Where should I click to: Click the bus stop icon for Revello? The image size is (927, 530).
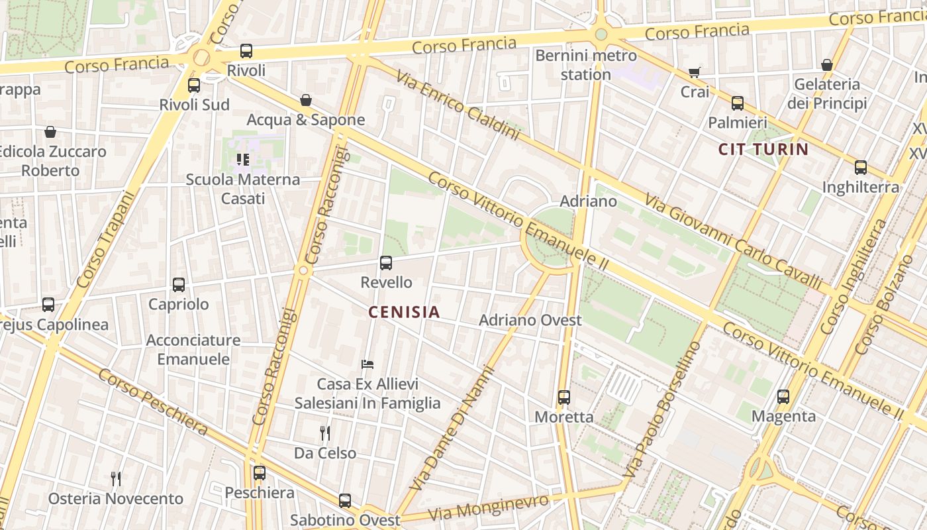386,263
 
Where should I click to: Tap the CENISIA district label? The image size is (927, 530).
404,312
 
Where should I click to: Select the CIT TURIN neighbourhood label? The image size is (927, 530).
763,149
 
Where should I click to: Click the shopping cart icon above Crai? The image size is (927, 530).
694,72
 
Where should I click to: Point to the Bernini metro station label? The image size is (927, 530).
586,65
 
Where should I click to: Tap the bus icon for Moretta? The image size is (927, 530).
563,397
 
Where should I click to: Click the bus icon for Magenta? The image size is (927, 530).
783,397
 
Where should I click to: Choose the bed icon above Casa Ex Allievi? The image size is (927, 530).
367,364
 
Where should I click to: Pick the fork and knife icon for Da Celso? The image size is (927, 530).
325,433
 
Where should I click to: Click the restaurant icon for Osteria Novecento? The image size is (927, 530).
116,478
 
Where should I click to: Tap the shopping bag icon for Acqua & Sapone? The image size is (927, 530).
306,100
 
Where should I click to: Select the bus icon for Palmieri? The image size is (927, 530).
738,103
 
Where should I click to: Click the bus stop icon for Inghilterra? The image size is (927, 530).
861,168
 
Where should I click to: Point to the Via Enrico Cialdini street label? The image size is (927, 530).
458,105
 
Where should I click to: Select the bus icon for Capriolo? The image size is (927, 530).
179,285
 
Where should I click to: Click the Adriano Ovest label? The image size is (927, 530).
530,320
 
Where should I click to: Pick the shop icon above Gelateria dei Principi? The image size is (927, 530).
827,65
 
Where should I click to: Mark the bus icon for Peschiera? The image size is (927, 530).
260,473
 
